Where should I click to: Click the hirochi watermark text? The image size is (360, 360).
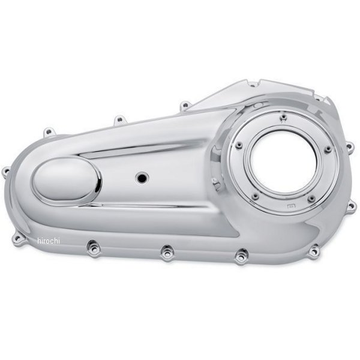(49, 241)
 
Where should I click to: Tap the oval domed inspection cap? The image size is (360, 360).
(67, 181)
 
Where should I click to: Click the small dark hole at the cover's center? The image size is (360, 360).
(142, 178)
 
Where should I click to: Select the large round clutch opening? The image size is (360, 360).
(284, 162)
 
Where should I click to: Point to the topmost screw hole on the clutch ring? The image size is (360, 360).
(284, 118)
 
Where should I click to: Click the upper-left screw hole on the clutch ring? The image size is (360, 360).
(239, 145)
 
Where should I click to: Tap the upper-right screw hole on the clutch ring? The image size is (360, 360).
(328, 149)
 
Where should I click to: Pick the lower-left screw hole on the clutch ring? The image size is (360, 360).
(256, 196)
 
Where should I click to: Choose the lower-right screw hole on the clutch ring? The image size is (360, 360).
(311, 199)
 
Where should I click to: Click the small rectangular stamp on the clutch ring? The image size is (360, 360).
(291, 206)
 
